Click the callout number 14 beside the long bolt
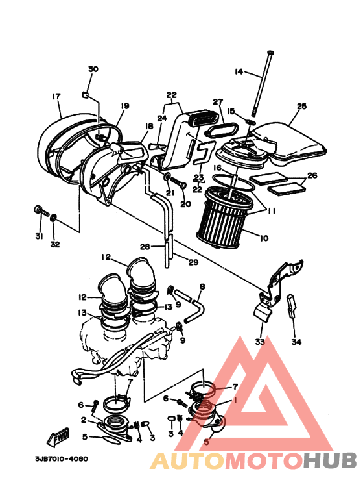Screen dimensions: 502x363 tap(238, 71)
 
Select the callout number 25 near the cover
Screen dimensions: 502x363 tap(301, 106)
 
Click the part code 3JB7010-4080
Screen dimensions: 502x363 tap(62, 458)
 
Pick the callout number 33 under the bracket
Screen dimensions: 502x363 tap(260, 341)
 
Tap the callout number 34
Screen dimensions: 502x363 tap(296, 341)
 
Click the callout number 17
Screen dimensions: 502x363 tap(56, 96)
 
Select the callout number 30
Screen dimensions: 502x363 tap(93, 69)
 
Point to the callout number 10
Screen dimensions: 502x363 tap(264, 238)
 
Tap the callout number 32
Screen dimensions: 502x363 tap(55, 244)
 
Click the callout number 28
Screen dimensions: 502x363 tap(145, 247)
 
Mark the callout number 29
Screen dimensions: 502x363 tap(193, 262)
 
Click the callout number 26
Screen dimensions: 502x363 tap(312, 175)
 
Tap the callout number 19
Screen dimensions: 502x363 tap(124, 105)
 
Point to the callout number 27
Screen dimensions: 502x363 tap(218, 102)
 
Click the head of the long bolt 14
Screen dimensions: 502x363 tap(270, 52)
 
